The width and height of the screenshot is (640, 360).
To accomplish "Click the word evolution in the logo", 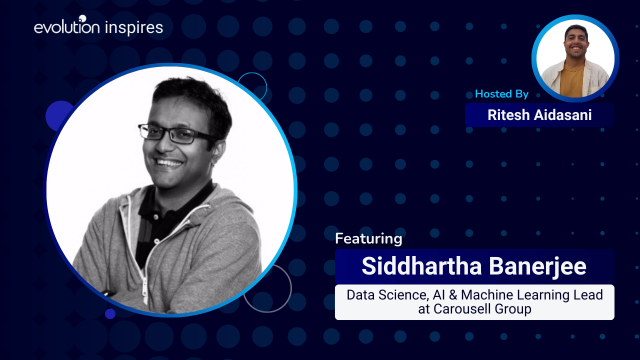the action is tap(67, 27).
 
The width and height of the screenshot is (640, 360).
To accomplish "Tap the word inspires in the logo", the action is tap(134, 28).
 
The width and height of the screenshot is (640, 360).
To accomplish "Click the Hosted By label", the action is tap(501, 93).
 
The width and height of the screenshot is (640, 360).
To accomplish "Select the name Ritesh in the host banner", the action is tap(508, 115).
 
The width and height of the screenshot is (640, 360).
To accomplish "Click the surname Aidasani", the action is tap(563, 115).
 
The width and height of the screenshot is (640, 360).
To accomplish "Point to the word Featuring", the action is tap(368, 238).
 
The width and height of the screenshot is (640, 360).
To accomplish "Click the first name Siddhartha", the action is tap(421, 266).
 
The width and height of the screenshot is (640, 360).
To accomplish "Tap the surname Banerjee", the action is tap(537, 266).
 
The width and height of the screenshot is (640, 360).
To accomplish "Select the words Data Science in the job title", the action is tap(387, 295).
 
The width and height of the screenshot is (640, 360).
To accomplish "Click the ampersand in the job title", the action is tap(453, 295).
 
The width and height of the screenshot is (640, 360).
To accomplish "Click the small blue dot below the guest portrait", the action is tap(110, 313).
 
